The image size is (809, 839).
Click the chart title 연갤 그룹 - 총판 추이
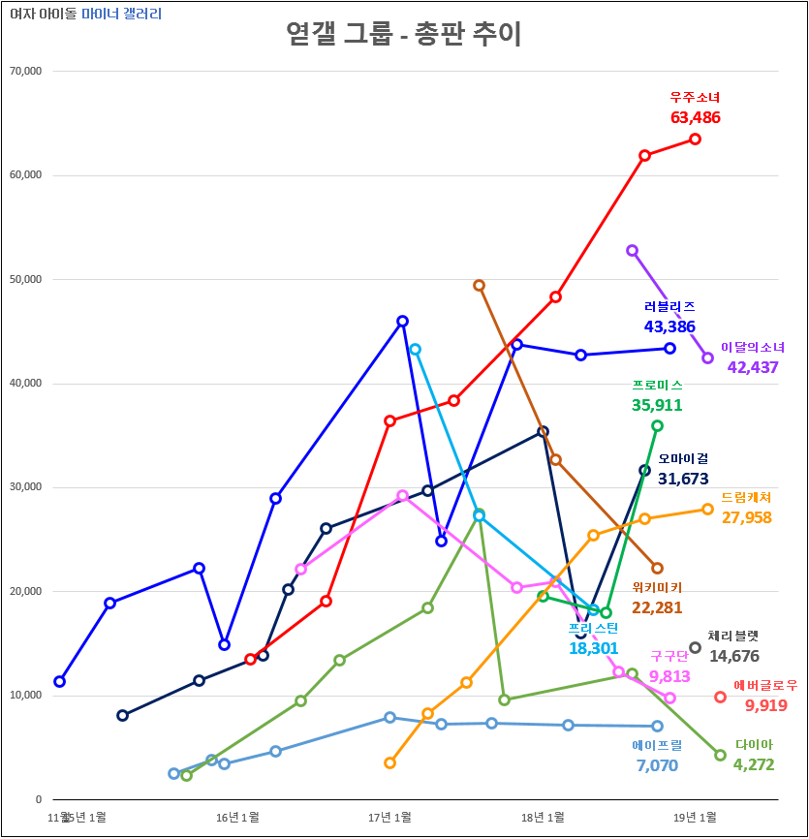[404, 36]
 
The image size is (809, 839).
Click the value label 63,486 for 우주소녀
[695, 117]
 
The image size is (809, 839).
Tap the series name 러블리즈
[669, 306]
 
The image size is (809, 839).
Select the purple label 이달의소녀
[754, 347]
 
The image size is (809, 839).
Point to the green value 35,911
[657, 405]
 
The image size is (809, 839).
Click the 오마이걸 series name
[683, 458]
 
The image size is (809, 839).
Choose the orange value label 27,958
[746, 517]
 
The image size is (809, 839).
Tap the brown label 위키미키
[657, 587]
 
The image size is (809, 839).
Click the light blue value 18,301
[593, 648]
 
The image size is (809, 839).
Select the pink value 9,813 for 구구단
[670, 676]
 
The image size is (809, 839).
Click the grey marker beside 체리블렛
[695, 647]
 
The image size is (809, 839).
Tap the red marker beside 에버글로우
[720, 697]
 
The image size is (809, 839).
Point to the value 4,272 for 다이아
[753, 764]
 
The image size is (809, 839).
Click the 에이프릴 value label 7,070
[657, 765]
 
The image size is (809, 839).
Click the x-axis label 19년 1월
[695, 818]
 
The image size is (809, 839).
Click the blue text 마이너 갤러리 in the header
[122, 15]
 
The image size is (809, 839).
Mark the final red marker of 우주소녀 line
[695, 139]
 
